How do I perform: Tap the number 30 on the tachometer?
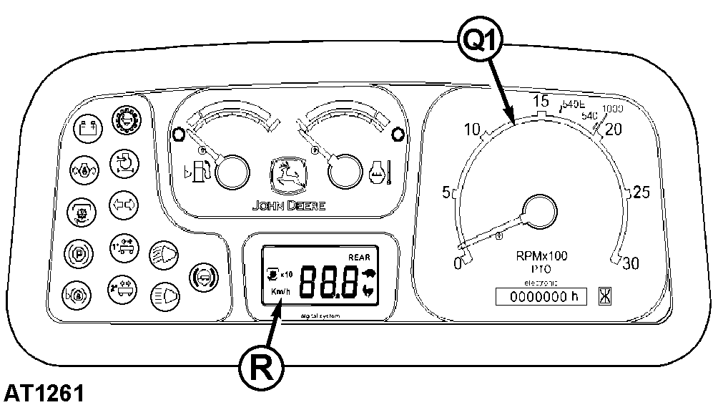point(629,264)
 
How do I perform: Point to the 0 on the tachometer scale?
point(458,263)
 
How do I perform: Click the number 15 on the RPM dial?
point(541,101)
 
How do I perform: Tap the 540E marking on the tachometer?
point(573,104)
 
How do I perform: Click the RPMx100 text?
point(541,257)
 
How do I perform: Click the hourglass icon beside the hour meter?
point(606,296)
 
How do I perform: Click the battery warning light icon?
point(89,127)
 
